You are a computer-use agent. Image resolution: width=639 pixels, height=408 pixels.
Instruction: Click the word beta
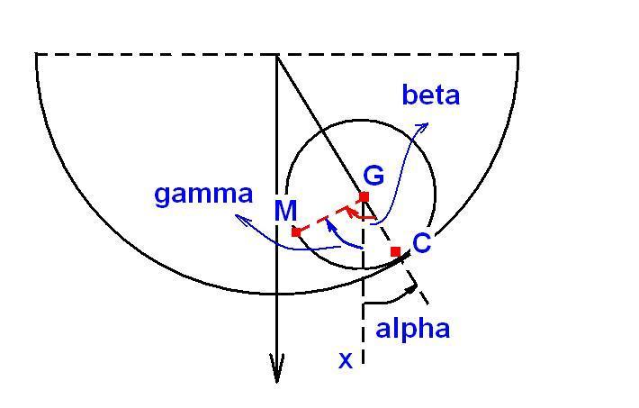[x=431, y=95]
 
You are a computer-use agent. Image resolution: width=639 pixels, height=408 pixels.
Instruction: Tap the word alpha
[x=413, y=329]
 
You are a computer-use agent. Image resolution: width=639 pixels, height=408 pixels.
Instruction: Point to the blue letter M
[x=285, y=211]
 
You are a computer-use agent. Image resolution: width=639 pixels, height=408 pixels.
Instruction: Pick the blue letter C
[x=421, y=242]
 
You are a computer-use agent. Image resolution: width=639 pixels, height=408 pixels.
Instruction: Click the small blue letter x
[x=346, y=361]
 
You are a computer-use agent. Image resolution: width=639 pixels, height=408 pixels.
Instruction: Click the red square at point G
[x=364, y=196]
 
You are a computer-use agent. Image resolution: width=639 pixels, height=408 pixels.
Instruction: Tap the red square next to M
[x=296, y=232]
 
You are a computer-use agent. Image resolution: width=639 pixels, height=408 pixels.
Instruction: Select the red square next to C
[x=396, y=251]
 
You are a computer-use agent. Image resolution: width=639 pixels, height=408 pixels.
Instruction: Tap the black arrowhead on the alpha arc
[x=411, y=289]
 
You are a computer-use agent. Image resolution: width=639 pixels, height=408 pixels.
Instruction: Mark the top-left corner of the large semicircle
[x=37, y=54]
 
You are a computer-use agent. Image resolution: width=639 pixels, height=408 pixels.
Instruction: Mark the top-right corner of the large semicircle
[x=517, y=54]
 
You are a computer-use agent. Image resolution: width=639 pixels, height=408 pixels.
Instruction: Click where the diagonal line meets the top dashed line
[x=276, y=54]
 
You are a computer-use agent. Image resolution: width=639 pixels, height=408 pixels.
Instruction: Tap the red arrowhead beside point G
[x=348, y=211]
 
